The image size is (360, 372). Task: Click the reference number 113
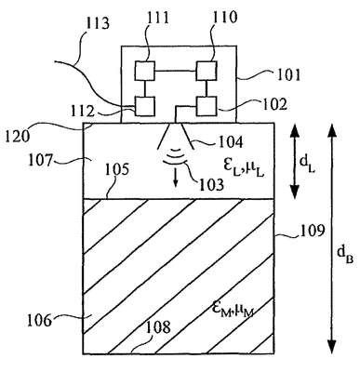[x=97, y=23]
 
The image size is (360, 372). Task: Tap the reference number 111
[x=158, y=17]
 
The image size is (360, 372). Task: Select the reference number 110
[x=225, y=17]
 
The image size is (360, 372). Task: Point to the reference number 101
[x=288, y=74]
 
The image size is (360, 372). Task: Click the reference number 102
[x=274, y=104]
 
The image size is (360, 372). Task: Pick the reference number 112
[x=83, y=111]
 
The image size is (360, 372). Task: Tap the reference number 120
[x=17, y=136]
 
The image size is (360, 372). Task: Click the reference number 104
[x=231, y=141]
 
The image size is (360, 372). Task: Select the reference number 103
[x=211, y=183]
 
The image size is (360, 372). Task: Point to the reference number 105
[x=116, y=169]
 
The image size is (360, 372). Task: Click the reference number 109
[x=312, y=230]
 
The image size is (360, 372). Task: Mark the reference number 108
[x=158, y=326]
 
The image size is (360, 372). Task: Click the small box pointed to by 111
[x=145, y=71]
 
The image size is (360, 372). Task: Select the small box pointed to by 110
[x=207, y=71]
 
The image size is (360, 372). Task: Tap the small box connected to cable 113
[x=145, y=106]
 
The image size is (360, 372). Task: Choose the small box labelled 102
[x=207, y=106]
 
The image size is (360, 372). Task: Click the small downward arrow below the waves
[x=176, y=179]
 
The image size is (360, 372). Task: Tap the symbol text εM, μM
[x=233, y=309]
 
